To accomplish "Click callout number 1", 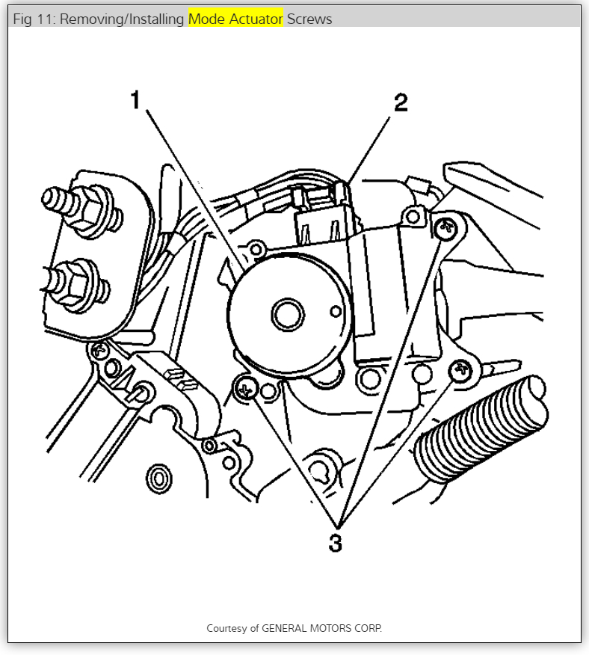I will click(x=135, y=99).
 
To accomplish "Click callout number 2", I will click(x=401, y=102).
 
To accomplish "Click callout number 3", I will click(x=336, y=543).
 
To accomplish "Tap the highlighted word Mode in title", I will click(x=205, y=19).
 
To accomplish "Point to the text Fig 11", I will click(x=33, y=19).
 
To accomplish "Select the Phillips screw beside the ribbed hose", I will click(x=461, y=368).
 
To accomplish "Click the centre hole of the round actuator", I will click(x=286, y=315).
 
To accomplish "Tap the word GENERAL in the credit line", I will click(x=286, y=628).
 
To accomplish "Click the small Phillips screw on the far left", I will click(x=97, y=349).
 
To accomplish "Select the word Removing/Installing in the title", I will click(x=122, y=19).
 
